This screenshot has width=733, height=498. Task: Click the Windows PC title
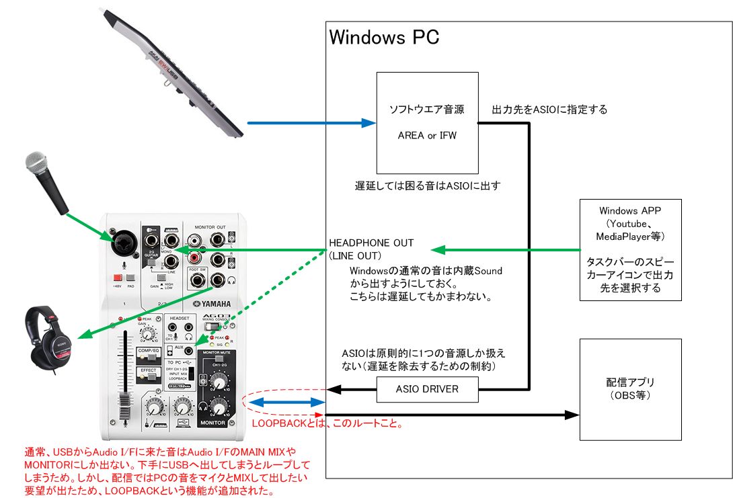pos(384,36)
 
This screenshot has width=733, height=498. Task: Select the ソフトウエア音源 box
pos(427,123)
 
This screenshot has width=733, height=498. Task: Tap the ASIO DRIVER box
pos(427,389)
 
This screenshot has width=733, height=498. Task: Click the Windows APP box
pos(630,249)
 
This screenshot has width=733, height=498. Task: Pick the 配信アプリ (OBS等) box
pos(630,389)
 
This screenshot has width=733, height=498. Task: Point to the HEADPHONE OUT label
pos(371,243)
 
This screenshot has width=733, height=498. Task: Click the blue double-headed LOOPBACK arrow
pos(286,402)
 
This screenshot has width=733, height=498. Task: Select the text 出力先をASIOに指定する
pos(549,110)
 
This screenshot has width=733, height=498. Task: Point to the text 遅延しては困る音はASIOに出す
pos(428,185)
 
